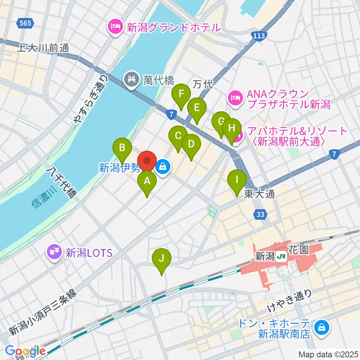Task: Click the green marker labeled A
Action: [147, 182]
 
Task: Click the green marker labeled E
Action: [196, 108]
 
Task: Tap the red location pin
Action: [147, 161]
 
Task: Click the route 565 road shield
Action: [25, 24]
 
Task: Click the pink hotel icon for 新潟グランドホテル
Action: [115, 27]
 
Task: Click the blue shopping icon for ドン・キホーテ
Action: [322, 327]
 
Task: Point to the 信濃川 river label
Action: [44, 198]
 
